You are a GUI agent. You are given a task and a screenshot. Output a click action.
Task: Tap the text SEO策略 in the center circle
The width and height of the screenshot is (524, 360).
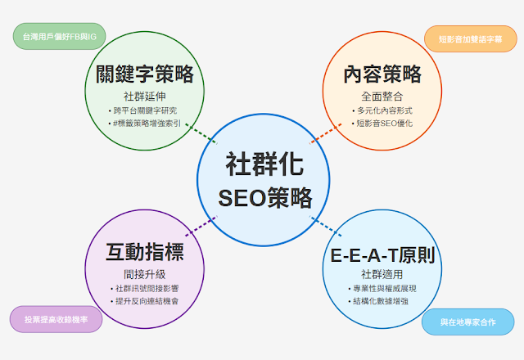[263, 197]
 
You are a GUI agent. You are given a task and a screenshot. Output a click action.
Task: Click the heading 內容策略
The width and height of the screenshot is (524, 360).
[383, 74]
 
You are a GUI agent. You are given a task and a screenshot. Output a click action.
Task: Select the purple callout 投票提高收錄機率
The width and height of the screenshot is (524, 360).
[56, 320]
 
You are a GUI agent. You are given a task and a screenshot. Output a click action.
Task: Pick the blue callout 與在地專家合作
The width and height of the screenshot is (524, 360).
[468, 322]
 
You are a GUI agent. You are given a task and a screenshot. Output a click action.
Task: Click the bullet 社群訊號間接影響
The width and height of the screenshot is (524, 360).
[144, 288]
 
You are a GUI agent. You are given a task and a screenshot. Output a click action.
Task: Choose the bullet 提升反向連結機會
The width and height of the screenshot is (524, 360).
[144, 301]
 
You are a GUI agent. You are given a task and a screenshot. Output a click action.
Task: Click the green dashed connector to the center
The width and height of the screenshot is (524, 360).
[200, 132]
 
